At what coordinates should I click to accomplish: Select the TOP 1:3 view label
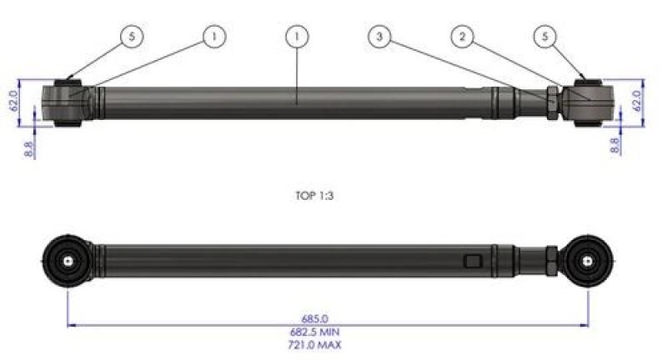(x=315, y=197)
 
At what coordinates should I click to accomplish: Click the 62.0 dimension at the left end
(x=13, y=102)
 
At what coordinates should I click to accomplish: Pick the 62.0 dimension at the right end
(x=638, y=101)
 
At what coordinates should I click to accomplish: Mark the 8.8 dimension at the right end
(x=614, y=144)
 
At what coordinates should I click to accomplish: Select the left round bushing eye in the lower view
(x=67, y=260)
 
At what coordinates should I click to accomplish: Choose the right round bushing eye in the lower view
(x=589, y=260)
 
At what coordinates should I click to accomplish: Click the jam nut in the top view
(x=553, y=102)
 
